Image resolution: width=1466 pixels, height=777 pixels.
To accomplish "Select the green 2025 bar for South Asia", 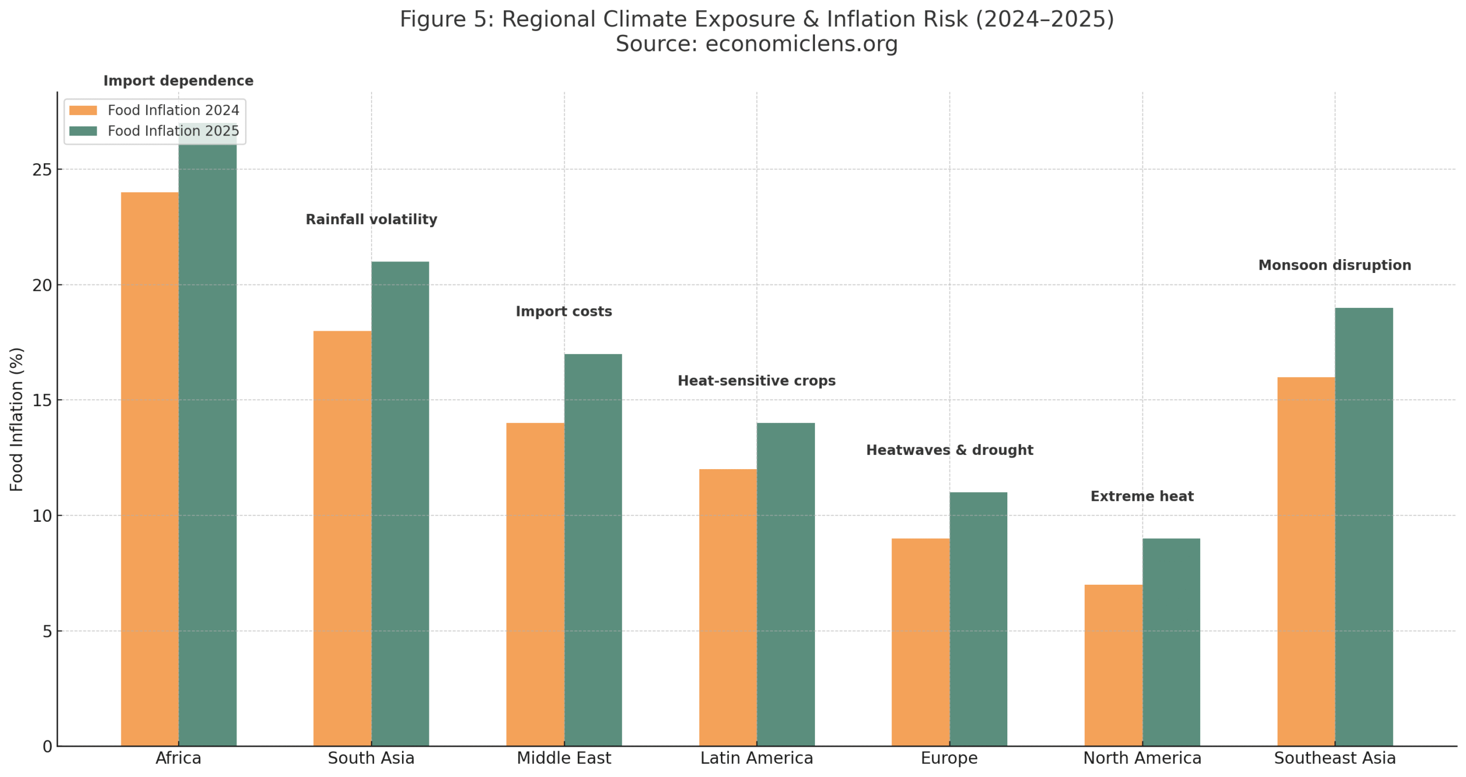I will pos(400,504).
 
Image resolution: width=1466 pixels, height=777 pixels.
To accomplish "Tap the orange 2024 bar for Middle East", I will pos(535,584).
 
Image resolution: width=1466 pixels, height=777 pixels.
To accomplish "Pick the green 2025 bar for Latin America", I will pos(785,584).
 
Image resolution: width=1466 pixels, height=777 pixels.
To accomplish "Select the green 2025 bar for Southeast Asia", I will pos(1363,526).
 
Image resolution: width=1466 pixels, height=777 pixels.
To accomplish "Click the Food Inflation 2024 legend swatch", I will pos(83,110).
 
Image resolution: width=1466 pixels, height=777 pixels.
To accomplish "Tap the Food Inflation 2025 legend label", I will pos(173,131).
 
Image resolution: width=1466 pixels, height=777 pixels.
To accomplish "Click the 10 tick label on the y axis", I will pos(42,516).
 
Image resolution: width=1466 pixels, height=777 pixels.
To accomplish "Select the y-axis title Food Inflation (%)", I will pos(17,419).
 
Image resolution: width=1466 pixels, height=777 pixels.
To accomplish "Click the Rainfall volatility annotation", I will pos(371,219).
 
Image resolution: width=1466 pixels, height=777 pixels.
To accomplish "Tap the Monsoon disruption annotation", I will pos(1334,265).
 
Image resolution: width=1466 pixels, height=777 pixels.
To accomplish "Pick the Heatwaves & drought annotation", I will pos(949,450).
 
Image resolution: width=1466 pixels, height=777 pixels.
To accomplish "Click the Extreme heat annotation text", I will pos(1141,496).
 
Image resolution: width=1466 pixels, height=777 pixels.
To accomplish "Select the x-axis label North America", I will pos(1141,758).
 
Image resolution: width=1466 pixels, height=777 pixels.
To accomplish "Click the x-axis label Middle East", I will pos(563,758).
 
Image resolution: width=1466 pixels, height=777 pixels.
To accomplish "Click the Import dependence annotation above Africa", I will pos(178,81).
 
